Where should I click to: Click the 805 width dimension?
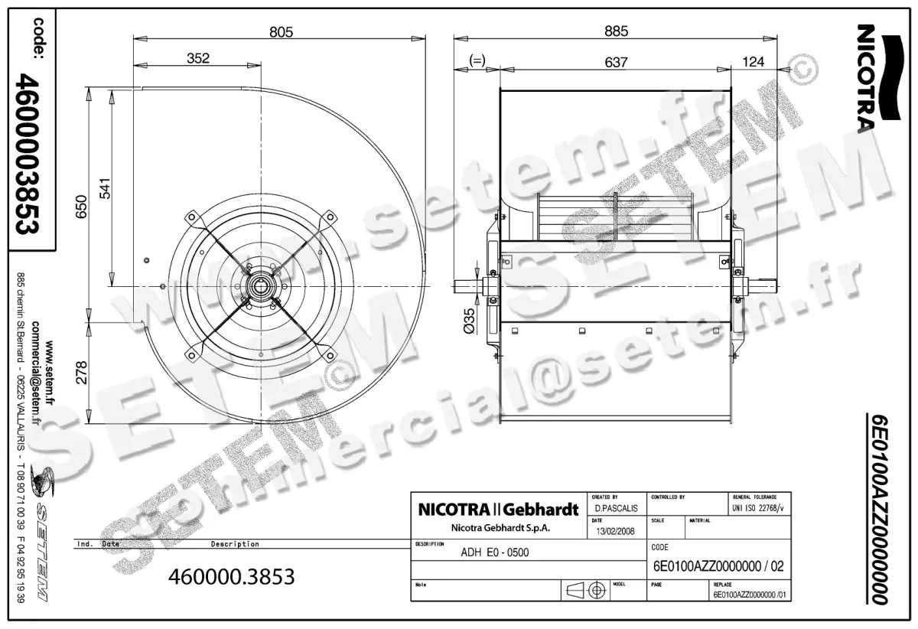[282, 31]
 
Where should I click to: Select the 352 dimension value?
[197, 58]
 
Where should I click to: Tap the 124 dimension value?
[754, 61]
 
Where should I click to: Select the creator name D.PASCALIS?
[614, 508]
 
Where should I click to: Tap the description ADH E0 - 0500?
[496, 552]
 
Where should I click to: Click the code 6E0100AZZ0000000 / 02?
[718, 566]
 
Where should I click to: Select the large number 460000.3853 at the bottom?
[231, 576]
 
